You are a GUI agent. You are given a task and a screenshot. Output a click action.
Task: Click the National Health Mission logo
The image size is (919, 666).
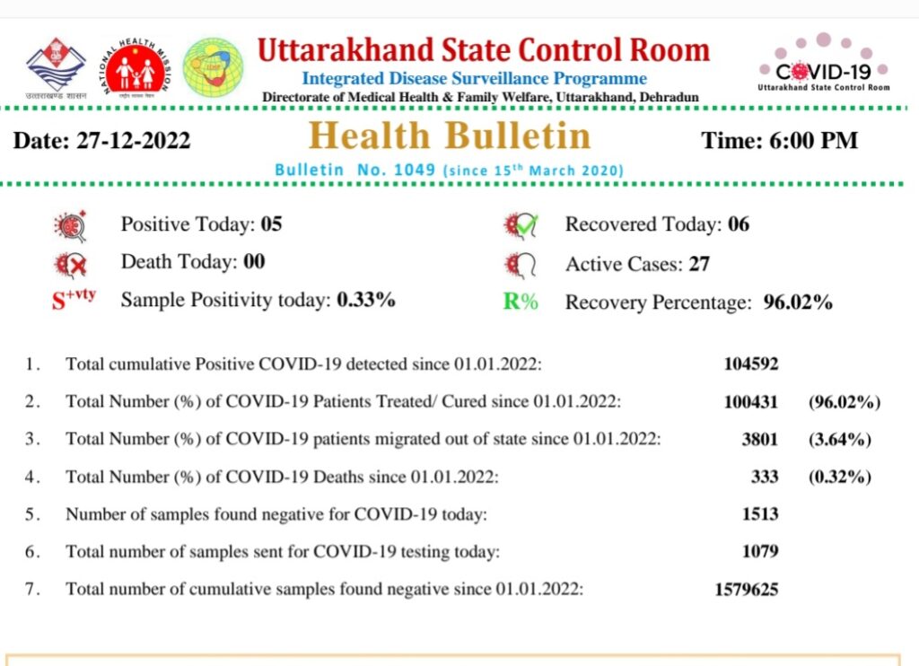click(136, 66)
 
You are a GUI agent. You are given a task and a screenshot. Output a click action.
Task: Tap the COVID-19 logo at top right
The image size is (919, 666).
click(824, 63)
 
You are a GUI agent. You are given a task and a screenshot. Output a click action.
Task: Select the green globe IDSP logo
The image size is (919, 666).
click(213, 67)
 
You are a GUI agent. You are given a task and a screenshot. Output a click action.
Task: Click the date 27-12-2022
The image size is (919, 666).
click(134, 141)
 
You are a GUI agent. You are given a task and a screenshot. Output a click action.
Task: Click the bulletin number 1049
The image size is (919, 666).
click(415, 170)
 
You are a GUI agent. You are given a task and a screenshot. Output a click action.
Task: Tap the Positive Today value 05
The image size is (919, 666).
click(271, 224)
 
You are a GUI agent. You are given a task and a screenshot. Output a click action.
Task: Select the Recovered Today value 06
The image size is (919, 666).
click(739, 224)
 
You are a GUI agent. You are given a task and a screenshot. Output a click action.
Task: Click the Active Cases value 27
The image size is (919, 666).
click(699, 264)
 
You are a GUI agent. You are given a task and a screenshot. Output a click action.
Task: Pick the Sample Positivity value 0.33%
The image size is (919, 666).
click(366, 300)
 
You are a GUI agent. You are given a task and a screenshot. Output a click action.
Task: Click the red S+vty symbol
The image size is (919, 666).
click(74, 298)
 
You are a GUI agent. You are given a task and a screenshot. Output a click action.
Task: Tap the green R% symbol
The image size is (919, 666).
click(521, 302)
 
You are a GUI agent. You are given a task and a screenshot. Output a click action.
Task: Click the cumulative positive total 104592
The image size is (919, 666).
click(751, 364)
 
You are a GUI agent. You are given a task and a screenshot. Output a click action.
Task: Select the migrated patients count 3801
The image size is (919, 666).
click(760, 439)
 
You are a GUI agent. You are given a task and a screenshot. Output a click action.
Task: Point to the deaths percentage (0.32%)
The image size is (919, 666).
click(840, 477)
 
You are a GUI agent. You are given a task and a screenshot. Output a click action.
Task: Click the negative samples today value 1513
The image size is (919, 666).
click(760, 514)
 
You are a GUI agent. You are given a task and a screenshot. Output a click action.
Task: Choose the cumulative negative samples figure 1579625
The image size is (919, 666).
click(747, 589)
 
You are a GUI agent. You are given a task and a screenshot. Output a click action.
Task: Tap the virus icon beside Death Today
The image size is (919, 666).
click(70, 265)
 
